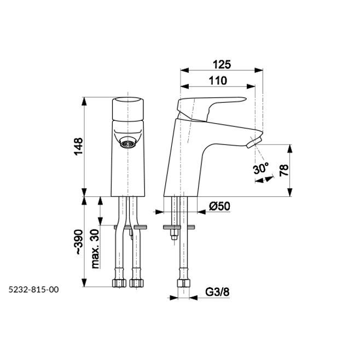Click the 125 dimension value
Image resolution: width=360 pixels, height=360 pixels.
222,65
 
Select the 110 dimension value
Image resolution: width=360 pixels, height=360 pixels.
218,80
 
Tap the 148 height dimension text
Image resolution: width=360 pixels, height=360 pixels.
78,147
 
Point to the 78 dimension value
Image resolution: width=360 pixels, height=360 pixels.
284,170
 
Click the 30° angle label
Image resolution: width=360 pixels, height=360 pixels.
261,169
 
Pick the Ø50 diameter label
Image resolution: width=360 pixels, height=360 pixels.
219,206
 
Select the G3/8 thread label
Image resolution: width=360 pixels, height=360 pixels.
217,292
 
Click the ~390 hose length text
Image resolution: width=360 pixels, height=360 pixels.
79,241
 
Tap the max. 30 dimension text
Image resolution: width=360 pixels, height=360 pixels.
95,249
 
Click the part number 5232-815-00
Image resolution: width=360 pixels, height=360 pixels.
33,289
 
